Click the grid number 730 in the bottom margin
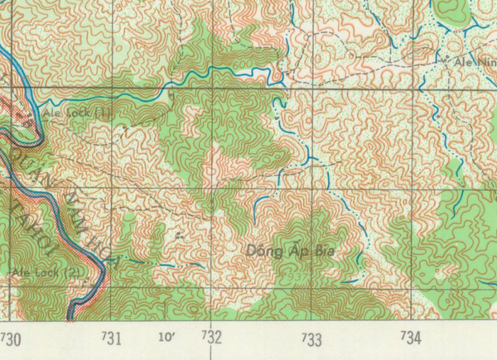pos(12,338)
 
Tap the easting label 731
pos(113,338)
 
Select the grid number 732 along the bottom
pos(212,338)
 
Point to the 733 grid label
pos(311,338)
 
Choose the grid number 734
pos(411,338)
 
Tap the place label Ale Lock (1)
pos(66,109)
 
